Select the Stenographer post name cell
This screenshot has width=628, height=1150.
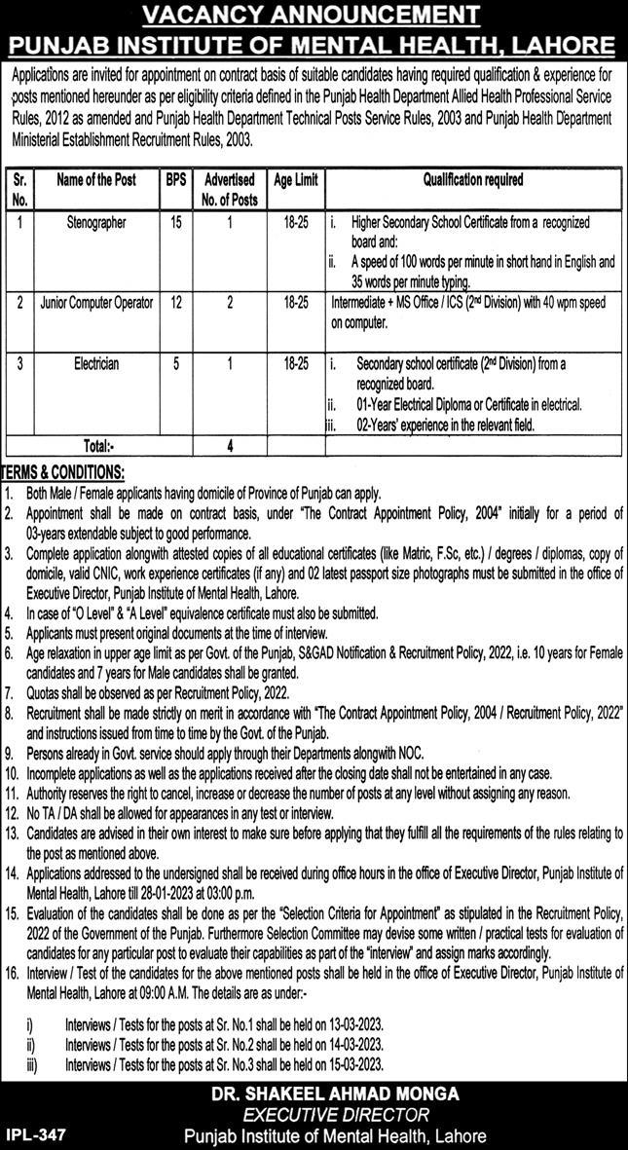[96, 223]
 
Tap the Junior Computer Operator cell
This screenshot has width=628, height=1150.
[96, 303]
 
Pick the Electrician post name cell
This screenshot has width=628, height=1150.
[96, 363]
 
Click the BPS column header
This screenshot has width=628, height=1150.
[175, 180]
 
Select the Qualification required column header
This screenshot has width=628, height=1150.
[473, 180]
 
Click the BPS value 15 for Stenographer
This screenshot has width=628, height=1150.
[175, 223]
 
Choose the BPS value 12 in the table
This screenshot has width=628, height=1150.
[175, 303]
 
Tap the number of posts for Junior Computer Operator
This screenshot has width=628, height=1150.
[230, 303]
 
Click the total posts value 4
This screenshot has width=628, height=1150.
[230, 447]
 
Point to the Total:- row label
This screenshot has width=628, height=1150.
[99, 447]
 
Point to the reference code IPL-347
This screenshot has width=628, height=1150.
[35, 1135]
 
